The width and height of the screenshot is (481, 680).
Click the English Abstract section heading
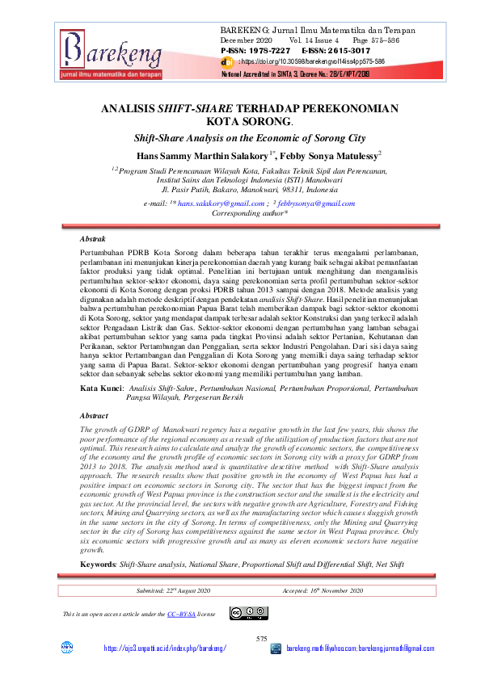point(95,415)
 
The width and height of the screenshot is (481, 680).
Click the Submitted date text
point(174,591)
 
